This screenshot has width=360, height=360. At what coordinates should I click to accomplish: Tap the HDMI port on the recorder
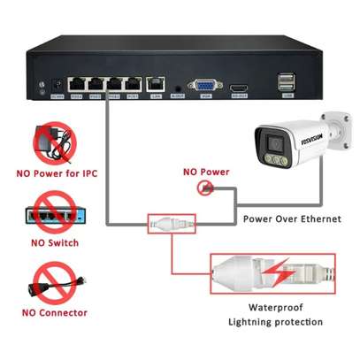239,88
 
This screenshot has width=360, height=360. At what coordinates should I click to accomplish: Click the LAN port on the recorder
157,86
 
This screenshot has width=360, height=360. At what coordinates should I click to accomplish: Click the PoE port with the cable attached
114,85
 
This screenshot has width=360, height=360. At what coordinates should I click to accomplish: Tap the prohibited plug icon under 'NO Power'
205,188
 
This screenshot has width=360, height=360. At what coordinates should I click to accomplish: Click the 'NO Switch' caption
54,242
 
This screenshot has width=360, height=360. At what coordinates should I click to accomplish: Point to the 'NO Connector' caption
54,312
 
